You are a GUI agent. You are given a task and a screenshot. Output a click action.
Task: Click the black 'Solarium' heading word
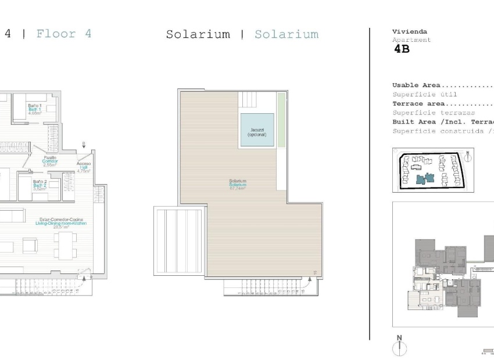point(198,34)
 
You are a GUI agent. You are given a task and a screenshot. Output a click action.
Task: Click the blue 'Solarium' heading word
point(287,34)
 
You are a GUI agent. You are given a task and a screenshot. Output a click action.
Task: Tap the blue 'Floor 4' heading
point(63,34)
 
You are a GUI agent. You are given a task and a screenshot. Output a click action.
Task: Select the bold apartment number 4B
point(402,49)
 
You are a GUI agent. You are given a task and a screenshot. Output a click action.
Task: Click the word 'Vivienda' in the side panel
point(410,31)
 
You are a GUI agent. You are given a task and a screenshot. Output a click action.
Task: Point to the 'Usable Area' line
point(442,85)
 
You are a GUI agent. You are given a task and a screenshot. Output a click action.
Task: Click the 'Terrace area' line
point(442,103)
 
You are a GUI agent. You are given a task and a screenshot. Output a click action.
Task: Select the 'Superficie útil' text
point(425,94)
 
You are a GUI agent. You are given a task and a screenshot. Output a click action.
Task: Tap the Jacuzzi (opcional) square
point(256,131)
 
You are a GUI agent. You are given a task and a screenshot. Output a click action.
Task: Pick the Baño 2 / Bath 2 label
point(40,185)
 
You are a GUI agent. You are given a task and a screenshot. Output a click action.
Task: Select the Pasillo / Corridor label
point(50,161)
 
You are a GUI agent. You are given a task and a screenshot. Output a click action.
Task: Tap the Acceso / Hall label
point(84,167)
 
